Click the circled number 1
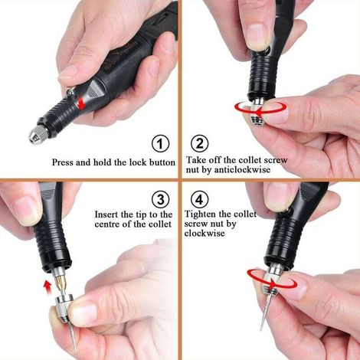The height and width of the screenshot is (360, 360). click(x=160, y=144)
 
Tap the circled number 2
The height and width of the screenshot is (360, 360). click(x=199, y=143)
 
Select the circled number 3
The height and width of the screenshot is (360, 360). click(x=160, y=199)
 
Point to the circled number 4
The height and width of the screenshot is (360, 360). click(x=199, y=199)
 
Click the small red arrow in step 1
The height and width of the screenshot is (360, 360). click(x=82, y=105)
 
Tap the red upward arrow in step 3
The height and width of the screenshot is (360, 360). click(x=47, y=286)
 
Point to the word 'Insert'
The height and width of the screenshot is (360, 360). click(x=106, y=214)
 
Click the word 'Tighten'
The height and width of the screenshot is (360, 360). click(x=201, y=214)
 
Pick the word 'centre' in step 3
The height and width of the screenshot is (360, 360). click(x=107, y=224)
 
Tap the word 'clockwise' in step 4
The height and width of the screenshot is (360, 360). click(x=205, y=233)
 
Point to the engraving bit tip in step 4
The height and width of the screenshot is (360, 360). click(x=261, y=329)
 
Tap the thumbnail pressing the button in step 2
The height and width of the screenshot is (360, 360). click(x=258, y=38)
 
